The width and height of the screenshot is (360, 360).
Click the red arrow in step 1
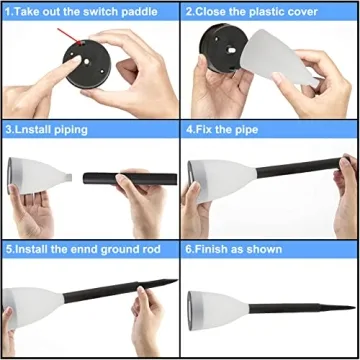pos(69,36)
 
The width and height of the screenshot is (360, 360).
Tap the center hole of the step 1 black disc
pos(86,62)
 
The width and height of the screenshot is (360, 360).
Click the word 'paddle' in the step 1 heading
pos(139,12)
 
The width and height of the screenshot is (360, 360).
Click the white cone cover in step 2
pos(278,57)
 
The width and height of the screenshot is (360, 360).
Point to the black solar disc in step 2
pos(223,47)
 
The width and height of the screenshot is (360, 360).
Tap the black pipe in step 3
pos(130,179)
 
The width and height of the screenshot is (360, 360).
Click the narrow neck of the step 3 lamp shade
pos(68,178)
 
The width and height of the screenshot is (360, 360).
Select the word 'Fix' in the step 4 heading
pos(204,130)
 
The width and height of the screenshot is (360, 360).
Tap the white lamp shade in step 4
pos(222,180)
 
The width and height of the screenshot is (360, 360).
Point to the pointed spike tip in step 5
pos(177,280)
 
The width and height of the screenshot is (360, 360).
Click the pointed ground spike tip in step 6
pos(355,307)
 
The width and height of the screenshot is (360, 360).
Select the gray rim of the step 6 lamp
pos(191,311)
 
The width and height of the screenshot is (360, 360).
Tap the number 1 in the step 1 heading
pos(8,12)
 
